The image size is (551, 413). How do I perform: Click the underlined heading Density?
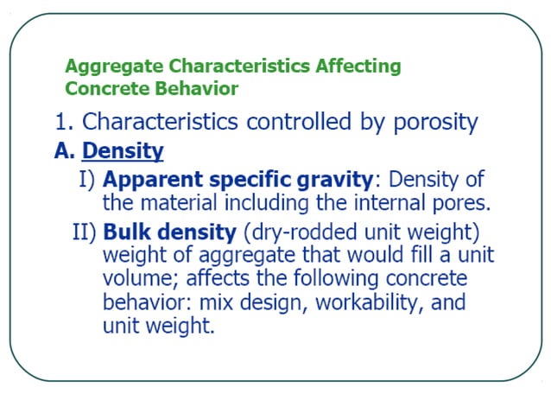point(122,151)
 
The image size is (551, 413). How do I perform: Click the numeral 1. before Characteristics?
point(64,122)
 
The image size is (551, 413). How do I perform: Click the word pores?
point(460,204)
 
